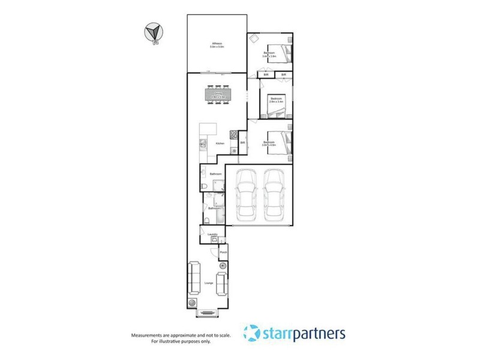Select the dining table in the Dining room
pyautogui.click(x=218, y=95)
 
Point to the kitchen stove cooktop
pyautogui.click(x=231, y=136)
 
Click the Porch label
pyautogui.click(x=223, y=254)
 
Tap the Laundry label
pyautogui.click(x=212, y=235)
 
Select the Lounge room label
pyautogui.click(x=209, y=282)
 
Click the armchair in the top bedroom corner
pyautogui.click(x=254, y=39)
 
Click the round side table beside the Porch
pyautogui.click(x=223, y=266)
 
